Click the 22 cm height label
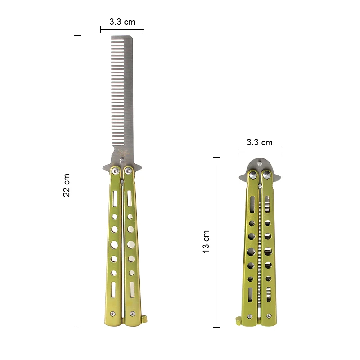(67, 185)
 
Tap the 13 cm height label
(206, 241)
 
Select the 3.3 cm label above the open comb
(122, 21)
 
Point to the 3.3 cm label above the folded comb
(260, 142)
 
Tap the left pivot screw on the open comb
(116, 170)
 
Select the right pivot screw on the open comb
(129, 170)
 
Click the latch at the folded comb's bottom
(238, 320)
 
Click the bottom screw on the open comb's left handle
(113, 314)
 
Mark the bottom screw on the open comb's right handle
(132, 314)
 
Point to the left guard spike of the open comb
(105, 168)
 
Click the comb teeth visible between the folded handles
(260, 243)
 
